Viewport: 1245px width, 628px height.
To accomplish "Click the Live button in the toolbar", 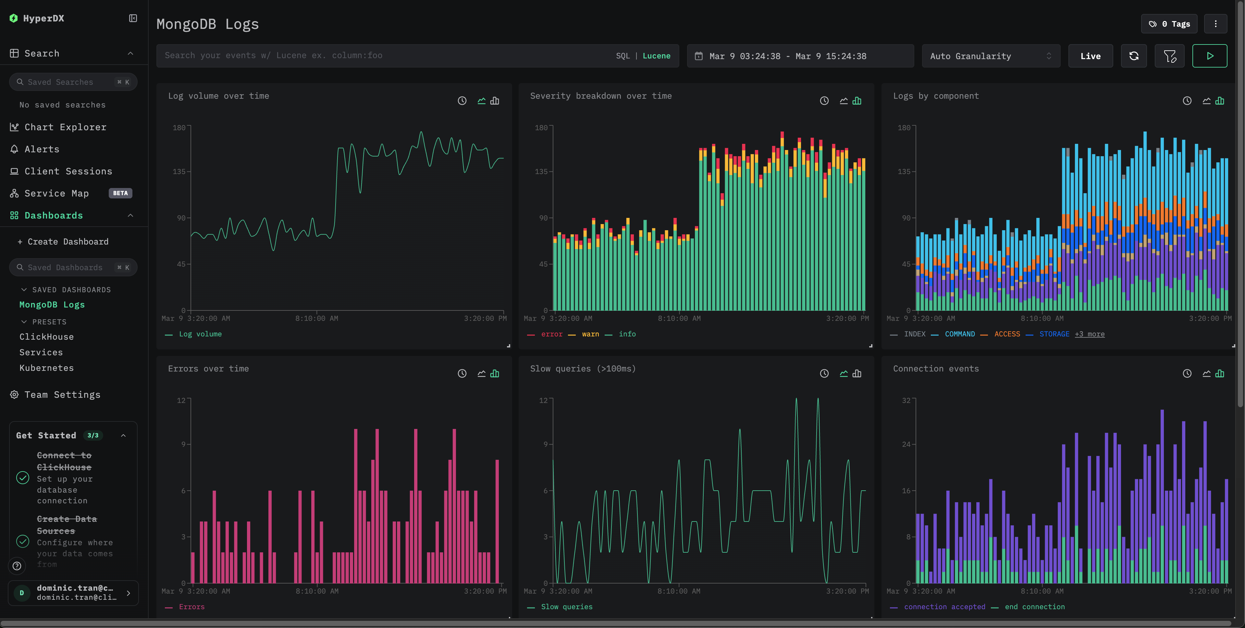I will pos(1090,56).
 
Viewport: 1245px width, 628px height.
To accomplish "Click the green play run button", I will pos(1209,56).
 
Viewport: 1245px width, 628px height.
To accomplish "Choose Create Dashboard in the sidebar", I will pos(68,242).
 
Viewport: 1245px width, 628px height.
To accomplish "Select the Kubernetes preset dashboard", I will pos(46,368).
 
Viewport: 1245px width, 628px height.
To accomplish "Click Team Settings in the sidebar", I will pos(62,395).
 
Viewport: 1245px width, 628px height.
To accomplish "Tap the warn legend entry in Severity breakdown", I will pos(590,334).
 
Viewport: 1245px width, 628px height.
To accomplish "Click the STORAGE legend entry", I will pos(1054,334).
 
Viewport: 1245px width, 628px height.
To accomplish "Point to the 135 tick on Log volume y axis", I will pos(179,172).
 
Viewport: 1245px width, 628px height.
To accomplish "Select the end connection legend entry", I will pos(1034,607).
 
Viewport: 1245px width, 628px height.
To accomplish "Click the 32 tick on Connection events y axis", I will pos(906,400).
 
